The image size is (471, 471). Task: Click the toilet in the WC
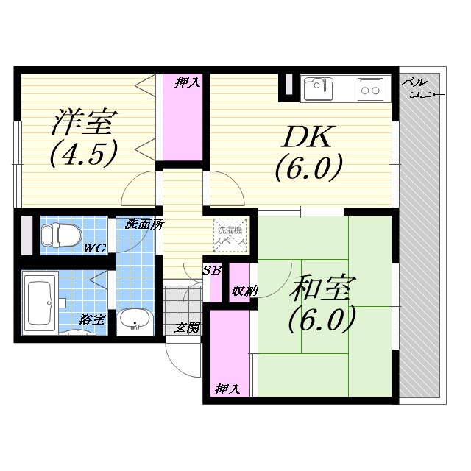(58, 235)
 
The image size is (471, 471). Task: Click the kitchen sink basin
(318, 89)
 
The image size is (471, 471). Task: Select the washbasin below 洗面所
(134, 321)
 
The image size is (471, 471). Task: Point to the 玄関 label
(187, 328)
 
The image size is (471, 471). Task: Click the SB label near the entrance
(211, 270)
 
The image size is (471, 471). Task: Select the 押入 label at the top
(187, 82)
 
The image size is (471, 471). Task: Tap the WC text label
(93, 248)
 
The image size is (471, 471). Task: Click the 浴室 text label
(93, 320)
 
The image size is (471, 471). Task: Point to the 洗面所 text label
(144, 224)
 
